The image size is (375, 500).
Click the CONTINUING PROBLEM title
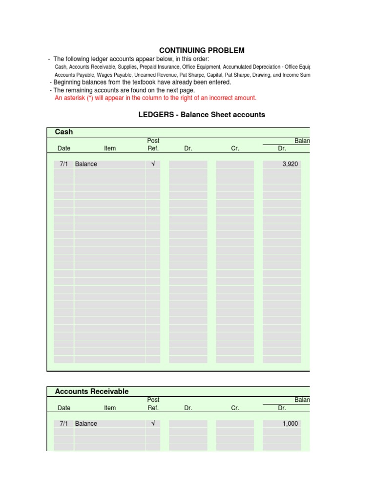pos(202,50)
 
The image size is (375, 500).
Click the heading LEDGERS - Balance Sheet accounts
pos(202,115)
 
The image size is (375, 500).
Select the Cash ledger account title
pos(64,132)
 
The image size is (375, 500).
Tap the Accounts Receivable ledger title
pos(92,391)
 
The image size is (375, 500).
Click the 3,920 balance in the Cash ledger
pos(290,164)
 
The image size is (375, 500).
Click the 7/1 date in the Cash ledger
pos(63,164)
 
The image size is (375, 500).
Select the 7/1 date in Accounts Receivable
pos(63,423)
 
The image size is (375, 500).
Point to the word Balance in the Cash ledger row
pos(86,164)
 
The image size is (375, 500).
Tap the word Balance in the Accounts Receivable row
pos(86,423)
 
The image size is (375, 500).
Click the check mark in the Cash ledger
pos(153,164)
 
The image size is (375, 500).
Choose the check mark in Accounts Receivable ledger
pos(153,423)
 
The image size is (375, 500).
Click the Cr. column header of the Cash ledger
pos(235,148)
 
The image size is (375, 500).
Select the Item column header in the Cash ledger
pos(110,148)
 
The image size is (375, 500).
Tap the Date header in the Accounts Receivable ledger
pos(64,408)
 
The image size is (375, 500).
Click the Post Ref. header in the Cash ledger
pos(153,145)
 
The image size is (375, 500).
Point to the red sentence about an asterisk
pos(155,98)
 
